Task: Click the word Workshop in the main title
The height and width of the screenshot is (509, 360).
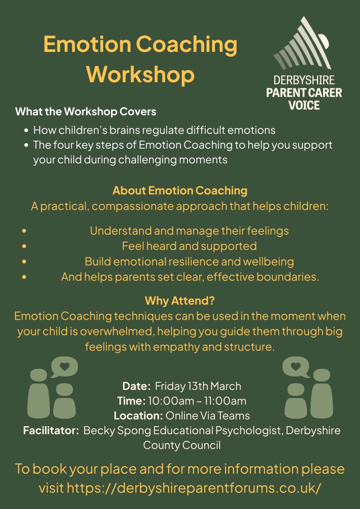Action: [x=140, y=74]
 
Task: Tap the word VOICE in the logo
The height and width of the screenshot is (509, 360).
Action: [x=304, y=105]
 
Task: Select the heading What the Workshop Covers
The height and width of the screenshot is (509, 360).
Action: [x=86, y=111]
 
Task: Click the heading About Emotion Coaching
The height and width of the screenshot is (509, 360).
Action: [x=180, y=191]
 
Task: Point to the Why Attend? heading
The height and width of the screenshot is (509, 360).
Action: [x=180, y=301]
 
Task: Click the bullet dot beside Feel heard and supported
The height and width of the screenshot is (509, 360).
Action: [x=24, y=246]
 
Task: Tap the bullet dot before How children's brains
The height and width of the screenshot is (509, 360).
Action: [x=26, y=130]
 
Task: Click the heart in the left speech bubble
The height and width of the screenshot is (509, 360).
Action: [x=64, y=366]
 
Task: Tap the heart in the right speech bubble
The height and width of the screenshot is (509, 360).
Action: [x=296, y=366]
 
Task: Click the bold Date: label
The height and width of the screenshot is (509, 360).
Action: [x=137, y=386]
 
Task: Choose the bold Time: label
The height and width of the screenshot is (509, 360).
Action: [x=131, y=401]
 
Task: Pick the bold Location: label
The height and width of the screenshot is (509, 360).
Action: [x=138, y=416]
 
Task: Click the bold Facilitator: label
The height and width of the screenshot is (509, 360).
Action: [x=51, y=431]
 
